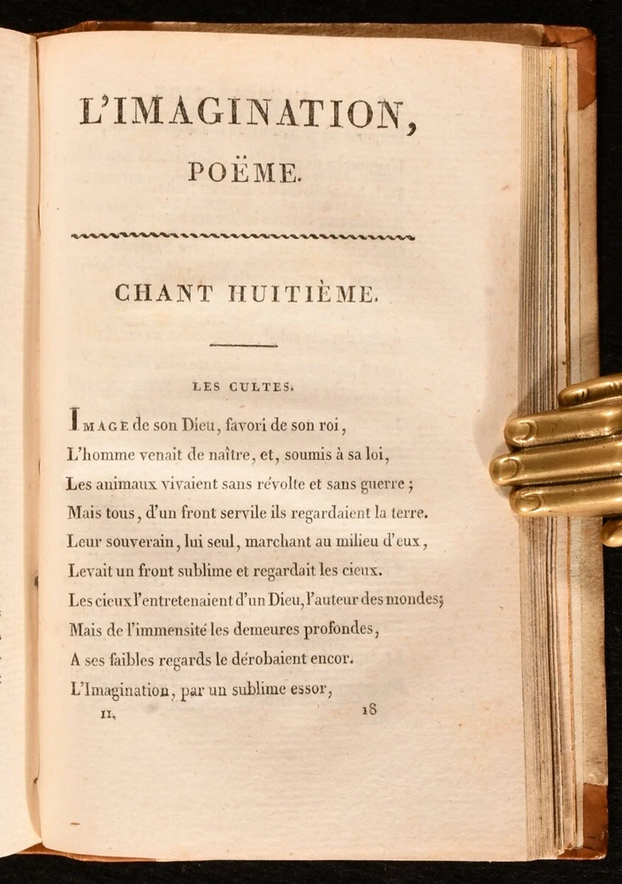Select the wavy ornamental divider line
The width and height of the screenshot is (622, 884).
tap(243, 236)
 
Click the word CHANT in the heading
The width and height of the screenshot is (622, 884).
tap(163, 293)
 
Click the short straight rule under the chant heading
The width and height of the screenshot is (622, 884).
tap(244, 345)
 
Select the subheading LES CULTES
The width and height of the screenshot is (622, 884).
tap(243, 385)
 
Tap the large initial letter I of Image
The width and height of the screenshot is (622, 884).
tap(73, 416)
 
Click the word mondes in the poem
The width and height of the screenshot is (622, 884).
tap(413, 599)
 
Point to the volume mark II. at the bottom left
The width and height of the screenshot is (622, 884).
tap(109, 714)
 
